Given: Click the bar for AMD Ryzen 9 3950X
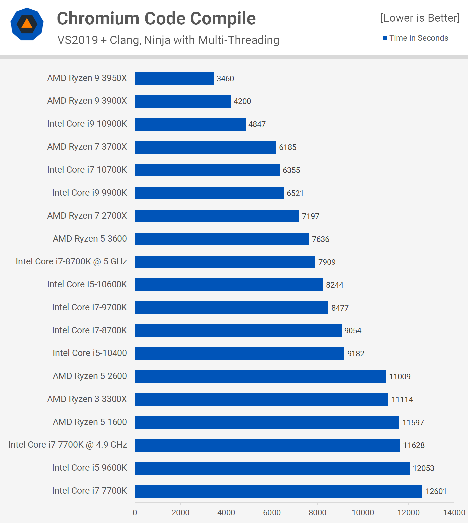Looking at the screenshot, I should (174, 78).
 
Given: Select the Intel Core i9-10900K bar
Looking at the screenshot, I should (190, 124).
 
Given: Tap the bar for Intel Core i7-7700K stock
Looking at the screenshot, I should (278, 491).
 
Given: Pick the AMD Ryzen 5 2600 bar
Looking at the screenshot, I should (260, 376).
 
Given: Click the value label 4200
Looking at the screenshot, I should (242, 101).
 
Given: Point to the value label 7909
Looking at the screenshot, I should (327, 262).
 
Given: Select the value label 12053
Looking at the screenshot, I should (423, 468).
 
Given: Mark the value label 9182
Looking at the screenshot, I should (356, 354).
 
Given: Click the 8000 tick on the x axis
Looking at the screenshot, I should (317, 513).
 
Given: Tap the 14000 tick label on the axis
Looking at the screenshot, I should (454, 513).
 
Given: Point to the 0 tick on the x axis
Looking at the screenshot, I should (135, 513).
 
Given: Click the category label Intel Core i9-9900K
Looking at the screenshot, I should (90, 193).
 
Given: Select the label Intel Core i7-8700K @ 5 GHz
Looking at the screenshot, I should (72, 261).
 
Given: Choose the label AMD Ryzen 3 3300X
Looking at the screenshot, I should (87, 399).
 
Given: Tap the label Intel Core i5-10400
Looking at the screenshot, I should (90, 353).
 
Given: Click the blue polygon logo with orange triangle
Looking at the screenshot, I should (27, 24).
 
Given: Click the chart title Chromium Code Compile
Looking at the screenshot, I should (156, 18).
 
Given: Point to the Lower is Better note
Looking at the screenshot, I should (420, 18).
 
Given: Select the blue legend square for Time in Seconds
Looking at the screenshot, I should (385, 38).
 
